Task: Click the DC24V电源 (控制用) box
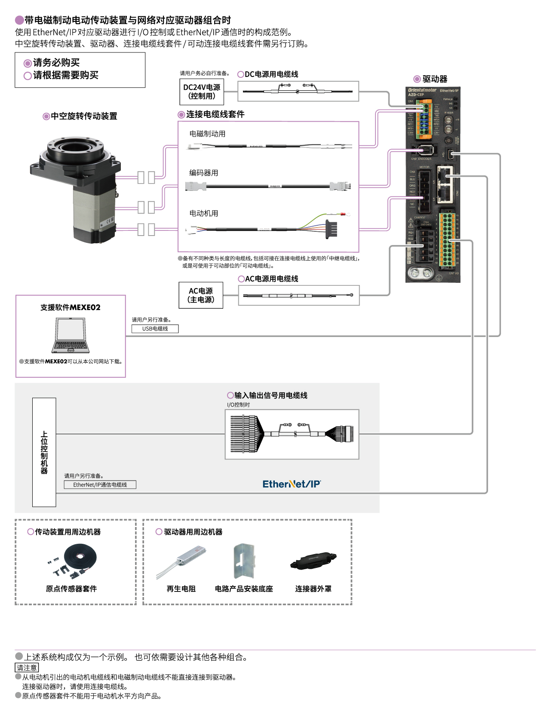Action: (202, 92)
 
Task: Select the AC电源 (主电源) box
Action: (201, 295)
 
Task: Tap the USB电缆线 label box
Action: (155, 329)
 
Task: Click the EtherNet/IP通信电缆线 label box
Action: (100, 485)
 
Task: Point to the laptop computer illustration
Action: (71, 336)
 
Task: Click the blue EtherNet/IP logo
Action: (292, 484)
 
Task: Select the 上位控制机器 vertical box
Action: (44, 452)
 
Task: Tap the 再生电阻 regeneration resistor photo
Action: (181, 561)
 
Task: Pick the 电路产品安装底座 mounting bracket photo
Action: (244, 561)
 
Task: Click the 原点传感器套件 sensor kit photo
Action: (73, 561)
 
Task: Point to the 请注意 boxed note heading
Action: (27, 668)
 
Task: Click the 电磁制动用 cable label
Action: (207, 134)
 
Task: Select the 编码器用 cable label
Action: (204, 173)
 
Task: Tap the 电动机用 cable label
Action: (204, 213)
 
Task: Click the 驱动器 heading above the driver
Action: (435, 79)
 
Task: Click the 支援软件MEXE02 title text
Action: (71, 307)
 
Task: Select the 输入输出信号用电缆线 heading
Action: (270, 395)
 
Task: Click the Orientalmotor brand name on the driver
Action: (422, 90)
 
